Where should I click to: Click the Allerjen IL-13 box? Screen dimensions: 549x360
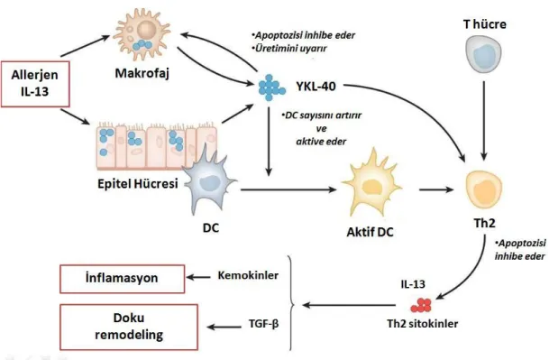click(35, 84)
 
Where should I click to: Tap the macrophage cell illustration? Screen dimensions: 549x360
click(142, 35)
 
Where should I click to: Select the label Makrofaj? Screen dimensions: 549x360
click(142, 73)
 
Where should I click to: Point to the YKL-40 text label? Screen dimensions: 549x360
click(316, 86)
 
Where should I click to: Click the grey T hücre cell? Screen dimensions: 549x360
click(483, 55)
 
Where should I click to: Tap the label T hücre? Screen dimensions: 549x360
click(485, 24)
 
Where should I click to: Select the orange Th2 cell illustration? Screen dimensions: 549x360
click(483, 189)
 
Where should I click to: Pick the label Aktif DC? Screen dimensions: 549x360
click(371, 232)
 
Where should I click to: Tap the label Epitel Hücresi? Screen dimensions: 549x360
click(138, 183)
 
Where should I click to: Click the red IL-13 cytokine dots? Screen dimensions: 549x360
click(421, 305)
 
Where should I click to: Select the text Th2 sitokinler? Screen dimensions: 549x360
click(422, 323)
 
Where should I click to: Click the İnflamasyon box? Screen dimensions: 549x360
click(123, 279)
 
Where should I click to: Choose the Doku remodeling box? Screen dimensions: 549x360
click(129, 327)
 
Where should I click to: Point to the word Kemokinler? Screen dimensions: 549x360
click(248, 275)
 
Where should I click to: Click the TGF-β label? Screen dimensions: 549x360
click(263, 323)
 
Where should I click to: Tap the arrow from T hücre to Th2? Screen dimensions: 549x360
click(484, 120)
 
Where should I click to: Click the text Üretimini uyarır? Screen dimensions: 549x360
click(290, 49)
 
